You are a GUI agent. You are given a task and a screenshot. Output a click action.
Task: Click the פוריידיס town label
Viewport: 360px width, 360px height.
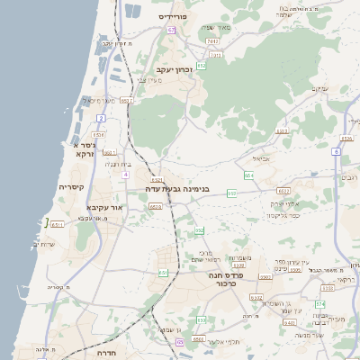coord(171,16)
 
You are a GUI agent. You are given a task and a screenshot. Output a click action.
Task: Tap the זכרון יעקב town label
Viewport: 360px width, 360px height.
coord(175,69)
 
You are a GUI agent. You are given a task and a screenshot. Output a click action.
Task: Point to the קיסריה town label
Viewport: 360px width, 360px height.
coord(71,187)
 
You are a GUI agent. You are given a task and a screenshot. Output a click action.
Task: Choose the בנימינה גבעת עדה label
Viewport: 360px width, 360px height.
coord(180,189)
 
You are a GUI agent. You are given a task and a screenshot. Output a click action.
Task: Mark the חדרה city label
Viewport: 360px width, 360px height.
coord(107,354)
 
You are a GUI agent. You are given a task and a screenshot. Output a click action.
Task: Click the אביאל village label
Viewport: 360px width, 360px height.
coord(248,158)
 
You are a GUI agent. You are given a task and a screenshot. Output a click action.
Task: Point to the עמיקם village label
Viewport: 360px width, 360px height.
coord(319,88)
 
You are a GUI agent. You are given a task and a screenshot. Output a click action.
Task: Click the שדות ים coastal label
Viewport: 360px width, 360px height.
coord(43,244)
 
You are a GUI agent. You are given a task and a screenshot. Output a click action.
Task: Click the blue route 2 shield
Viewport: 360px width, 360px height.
coord(102,118)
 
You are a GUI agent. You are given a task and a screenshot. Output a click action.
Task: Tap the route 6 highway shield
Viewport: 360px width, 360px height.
coord(336,152)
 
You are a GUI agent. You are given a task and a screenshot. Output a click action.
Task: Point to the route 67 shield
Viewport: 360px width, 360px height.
coord(170,30)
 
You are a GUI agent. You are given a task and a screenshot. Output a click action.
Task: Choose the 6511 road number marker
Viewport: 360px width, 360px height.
coord(58,224)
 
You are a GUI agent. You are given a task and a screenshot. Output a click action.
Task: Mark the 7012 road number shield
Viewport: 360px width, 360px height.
coord(212,40)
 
